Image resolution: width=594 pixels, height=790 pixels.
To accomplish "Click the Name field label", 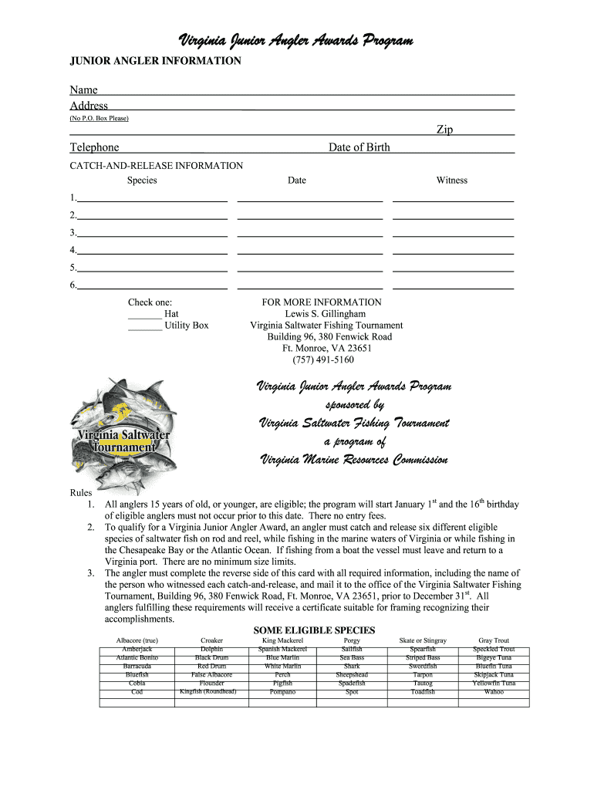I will click(x=83, y=90).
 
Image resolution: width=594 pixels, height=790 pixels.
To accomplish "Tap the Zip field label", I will click(x=444, y=130).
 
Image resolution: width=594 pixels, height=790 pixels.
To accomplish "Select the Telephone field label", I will click(x=94, y=147).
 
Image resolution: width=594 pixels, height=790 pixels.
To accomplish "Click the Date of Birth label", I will click(x=359, y=147).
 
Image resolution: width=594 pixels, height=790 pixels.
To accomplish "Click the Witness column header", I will click(x=451, y=181).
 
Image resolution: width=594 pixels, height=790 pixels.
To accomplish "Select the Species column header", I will click(x=142, y=181).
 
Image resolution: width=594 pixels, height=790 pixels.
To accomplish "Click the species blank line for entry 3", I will click(x=152, y=234).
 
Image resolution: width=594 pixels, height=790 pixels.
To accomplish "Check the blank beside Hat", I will click(x=143, y=315).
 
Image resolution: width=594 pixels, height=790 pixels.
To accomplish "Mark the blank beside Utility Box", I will click(x=143, y=326).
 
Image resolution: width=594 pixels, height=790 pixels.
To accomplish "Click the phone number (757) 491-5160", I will click(x=323, y=360).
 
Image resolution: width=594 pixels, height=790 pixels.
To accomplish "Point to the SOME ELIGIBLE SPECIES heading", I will click(x=314, y=630).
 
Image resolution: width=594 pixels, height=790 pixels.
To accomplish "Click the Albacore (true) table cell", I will click(x=137, y=641).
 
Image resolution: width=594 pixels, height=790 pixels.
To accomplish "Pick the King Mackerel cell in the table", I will click(x=282, y=641).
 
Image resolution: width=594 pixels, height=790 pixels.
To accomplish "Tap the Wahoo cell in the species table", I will click(x=493, y=692).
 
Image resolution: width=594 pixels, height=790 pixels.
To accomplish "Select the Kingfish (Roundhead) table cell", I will click(x=208, y=692).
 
